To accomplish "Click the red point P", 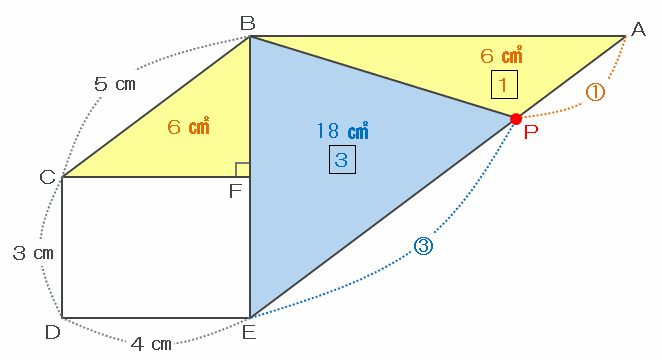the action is tap(515, 119).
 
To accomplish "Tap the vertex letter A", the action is tap(638, 30).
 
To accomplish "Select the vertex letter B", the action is tap(248, 23).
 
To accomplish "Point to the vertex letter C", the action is tap(47, 177).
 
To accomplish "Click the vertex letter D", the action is tap(53, 333).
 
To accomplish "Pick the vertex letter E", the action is tap(249, 333).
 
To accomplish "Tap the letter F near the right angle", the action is tap(235, 191).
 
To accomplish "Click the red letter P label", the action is tap(531, 132).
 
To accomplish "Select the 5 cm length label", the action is tap(115, 84).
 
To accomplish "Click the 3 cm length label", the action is tap(33, 253).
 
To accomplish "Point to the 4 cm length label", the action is tap(151, 344).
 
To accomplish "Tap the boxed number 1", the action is tap(504, 85).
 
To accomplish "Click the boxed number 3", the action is tap(342, 160).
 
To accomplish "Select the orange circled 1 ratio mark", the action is tap(595, 92).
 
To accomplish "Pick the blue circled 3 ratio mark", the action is tap(423, 246).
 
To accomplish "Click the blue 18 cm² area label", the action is tap(342, 130).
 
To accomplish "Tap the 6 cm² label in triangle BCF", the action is tap(188, 126).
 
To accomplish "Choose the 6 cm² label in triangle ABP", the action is tap(502, 55).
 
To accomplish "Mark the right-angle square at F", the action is tap(243, 170).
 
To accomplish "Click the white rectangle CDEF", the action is tap(156, 247).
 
